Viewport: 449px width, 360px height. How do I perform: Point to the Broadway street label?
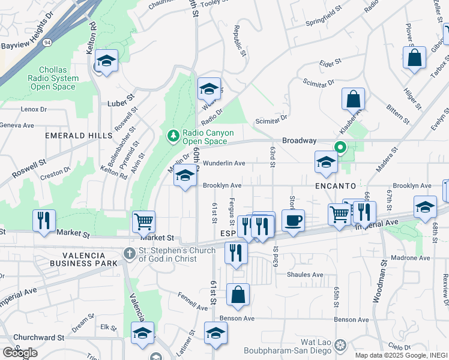[299, 140]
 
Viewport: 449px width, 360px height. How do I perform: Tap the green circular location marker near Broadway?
[340, 147]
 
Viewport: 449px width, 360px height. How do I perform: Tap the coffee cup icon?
[293, 221]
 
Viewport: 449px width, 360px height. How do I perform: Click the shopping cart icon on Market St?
[144, 221]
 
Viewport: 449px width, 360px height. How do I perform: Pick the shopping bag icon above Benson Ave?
[238, 295]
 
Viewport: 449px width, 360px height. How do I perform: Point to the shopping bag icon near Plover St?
[415, 59]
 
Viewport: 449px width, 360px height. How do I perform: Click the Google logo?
[20, 353]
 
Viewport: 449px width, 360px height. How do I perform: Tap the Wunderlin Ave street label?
[224, 163]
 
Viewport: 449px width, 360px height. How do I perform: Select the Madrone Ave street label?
[411, 258]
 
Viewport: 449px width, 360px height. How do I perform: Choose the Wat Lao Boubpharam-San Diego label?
[289, 347]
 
